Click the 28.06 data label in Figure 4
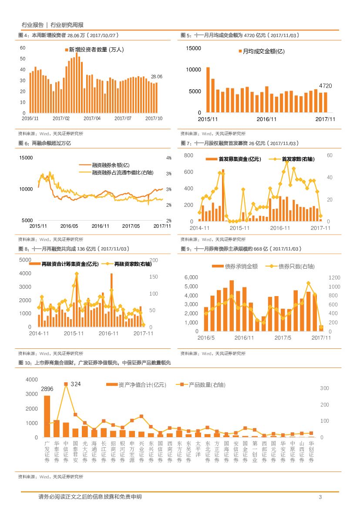click(x=156, y=77)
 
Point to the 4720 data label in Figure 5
click(x=325, y=86)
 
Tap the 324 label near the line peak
click(x=76, y=384)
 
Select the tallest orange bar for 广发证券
click(x=47, y=416)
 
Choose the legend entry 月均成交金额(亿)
click(x=261, y=51)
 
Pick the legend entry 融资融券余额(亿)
click(x=111, y=165)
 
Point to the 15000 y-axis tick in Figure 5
click(x=193, y=48)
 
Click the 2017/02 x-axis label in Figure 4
click(x=61, y=118)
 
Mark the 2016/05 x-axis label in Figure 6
click(x=69, y=226)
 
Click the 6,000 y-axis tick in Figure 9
click(x=191, y=277)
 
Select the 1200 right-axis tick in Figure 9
click(x=334, y=277)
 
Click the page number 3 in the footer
click(x=320, y=497)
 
